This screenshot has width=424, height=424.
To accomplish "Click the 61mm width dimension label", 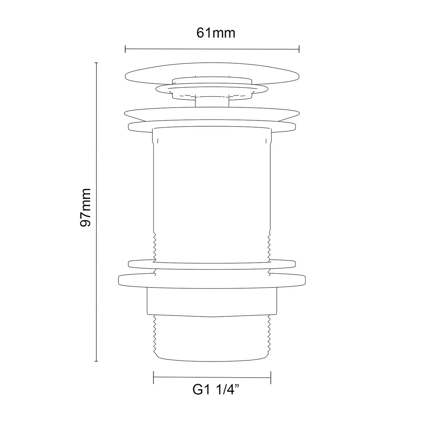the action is (x=216, y=33).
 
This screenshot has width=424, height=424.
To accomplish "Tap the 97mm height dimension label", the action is (x=85, y=207).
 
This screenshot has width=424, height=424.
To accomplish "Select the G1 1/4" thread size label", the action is (x=216, y=390).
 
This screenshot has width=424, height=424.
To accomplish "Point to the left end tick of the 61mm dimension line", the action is (x=125, y=49).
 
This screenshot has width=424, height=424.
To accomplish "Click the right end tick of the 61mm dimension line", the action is (x=299, y=49).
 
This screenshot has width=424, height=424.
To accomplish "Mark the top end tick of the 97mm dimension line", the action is (x=96, y=63).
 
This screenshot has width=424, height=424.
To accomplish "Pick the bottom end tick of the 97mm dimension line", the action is (x=96, y=361).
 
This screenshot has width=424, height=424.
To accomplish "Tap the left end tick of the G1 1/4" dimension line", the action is (x=154, y=378).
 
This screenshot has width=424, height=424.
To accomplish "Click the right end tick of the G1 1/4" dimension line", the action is (x=271, y=378).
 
